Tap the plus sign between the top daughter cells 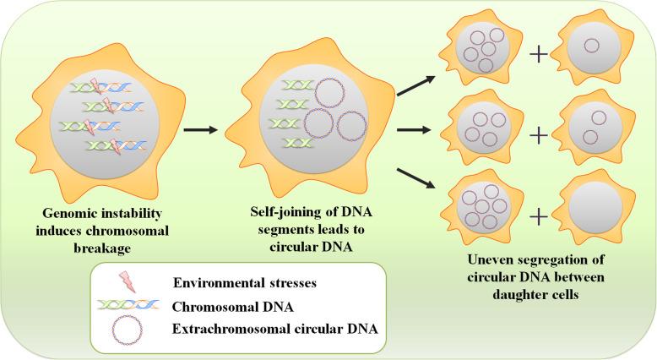539,57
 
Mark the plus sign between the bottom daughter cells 539,215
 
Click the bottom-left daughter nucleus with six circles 484,205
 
